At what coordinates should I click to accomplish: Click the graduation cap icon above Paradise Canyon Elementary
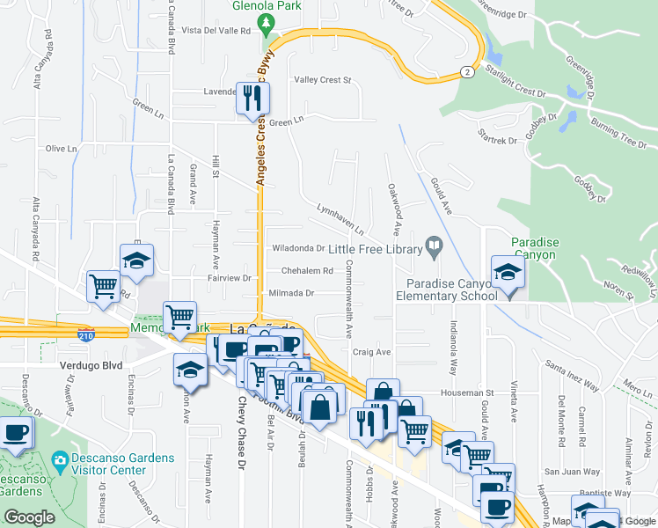(508, 271)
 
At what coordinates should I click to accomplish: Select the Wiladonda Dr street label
(298, 249)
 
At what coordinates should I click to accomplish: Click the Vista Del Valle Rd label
(216, 30)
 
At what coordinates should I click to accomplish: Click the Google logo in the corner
(30, 517)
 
